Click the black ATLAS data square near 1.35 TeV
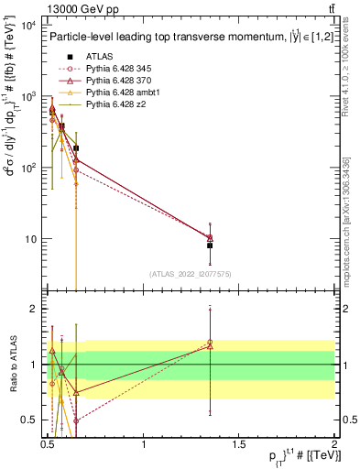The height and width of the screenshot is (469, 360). coord(210,245)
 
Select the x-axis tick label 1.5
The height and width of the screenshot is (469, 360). coord(239,442)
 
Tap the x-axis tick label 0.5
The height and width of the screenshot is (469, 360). coord(48,442)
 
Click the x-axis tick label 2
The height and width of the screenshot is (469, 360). coord(334,442)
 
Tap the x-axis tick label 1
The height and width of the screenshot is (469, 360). coord(144,442)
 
